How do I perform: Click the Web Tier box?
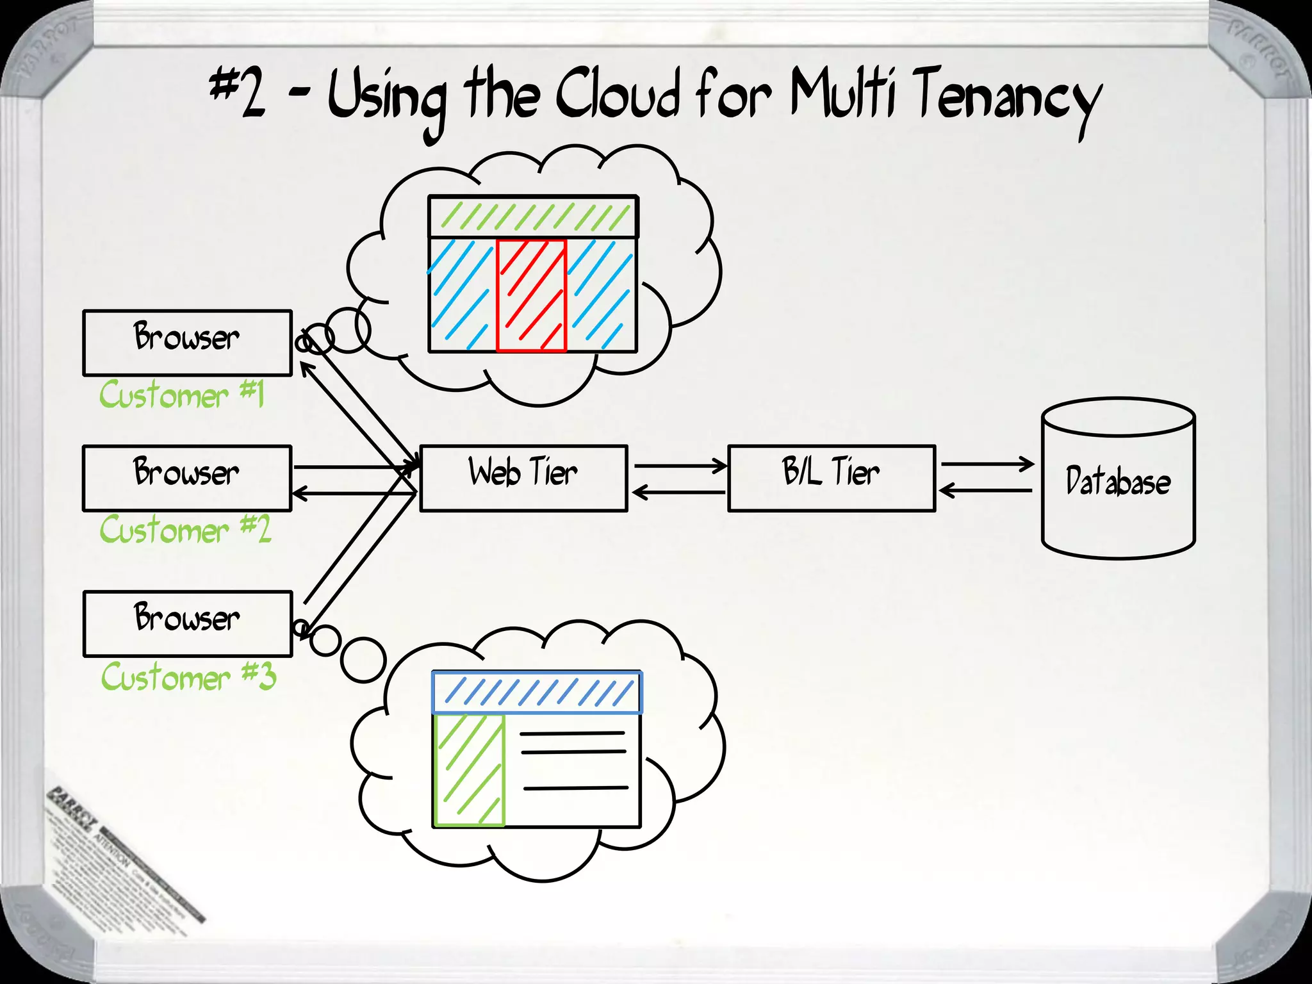(523, 478)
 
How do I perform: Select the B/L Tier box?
(832, 478)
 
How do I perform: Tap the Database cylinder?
(1118, 480)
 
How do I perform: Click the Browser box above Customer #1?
(187, 343)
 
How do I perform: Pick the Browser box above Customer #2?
(187, 478)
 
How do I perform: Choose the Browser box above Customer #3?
(187, 623)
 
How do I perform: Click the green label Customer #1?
(182, 394)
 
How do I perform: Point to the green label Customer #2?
(185, 529)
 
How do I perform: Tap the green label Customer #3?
(188, 676)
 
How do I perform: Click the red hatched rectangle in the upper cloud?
(531, 295)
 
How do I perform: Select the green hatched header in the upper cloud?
(532, 217)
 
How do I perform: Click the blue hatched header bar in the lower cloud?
(537, 693)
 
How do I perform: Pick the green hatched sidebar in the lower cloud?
(470, 769)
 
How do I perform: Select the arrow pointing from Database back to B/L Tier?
(985, 491)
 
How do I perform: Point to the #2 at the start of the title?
(237, 93)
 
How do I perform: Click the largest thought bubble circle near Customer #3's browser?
(363, 660)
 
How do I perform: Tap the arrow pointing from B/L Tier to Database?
(987, 463)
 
